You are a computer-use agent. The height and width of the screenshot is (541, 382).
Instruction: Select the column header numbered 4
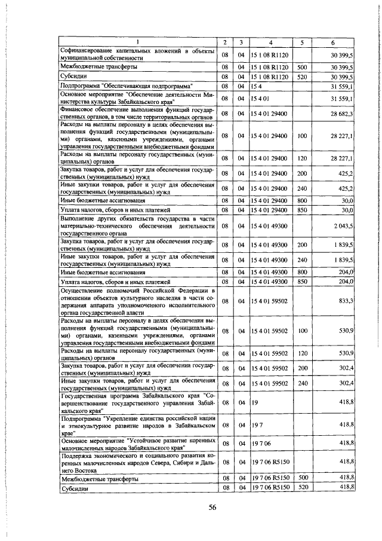tap(271, 42)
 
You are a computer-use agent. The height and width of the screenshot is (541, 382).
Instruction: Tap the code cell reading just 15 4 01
tap(260, 97)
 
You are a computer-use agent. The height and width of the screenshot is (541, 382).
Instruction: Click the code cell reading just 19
tap(254, 403)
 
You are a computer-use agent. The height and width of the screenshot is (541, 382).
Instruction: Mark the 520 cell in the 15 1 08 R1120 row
tap(302, 77)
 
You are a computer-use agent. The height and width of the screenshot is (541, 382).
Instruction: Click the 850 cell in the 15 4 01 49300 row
tap(302, 281)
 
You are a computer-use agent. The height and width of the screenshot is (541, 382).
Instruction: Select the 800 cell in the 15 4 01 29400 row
tap(302, 200)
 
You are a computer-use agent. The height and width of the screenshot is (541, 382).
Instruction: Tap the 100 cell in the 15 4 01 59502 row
tap(302, 330)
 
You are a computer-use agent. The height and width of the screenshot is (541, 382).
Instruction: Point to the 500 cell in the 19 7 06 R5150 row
tap(302, 479)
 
